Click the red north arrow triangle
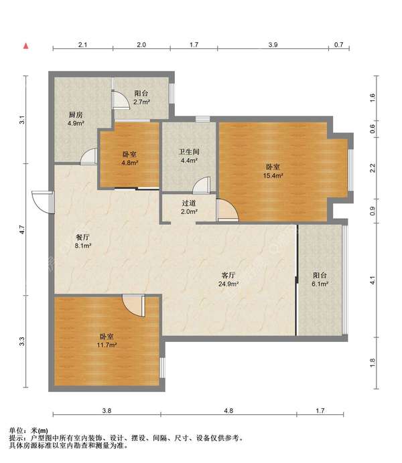click(x=26, y=45)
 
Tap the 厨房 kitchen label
click(x=76, y=115)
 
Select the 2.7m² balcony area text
click(x=141, y=102)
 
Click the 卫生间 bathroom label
click(x=189, y=152)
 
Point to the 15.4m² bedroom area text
click(x=273, y=176)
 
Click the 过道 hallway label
click(x=189, y=203)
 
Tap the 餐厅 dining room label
click(x=83, y=237)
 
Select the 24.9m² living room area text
click(x=228, y=284)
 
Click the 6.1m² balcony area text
click(x=320, y=284)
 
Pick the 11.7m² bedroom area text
click(x=107, y=345)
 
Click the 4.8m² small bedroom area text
click(x=130, y=163)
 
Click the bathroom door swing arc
click(x=202, y=185)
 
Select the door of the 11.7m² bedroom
click(x=134, y=306)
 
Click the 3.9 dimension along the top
click(x=273, y=45)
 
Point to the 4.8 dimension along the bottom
click(x=228, y=410)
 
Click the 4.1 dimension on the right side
click(x=372, y=280)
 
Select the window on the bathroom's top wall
click(x=203, y=119)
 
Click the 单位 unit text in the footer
click(x=16, y=430)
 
